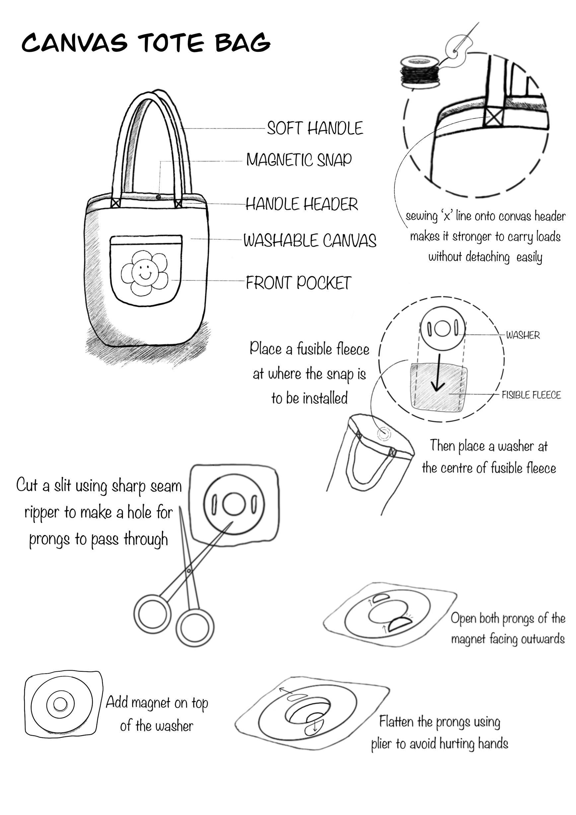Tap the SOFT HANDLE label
point(315,128)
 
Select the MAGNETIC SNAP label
point(299,160)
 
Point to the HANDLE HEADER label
point(302,204)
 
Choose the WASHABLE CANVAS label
point(310,241)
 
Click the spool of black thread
point(420,72)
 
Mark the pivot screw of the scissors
point(188,571)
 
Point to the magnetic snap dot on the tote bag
point(158,197)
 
